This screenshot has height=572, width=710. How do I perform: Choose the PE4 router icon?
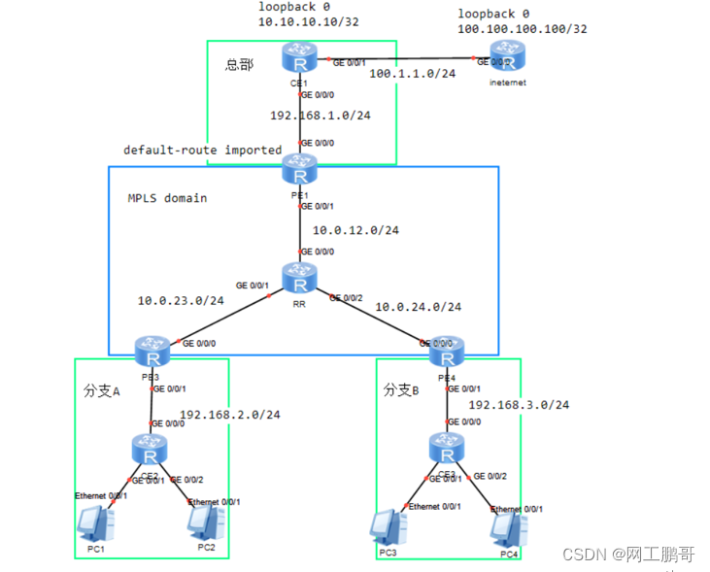(447, 347)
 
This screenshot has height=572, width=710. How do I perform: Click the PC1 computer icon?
(95, 524)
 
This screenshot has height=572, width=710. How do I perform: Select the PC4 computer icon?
(509, 528)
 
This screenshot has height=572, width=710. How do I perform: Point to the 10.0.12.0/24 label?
(355, 230)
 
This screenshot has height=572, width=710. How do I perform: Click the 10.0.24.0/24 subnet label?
(418, 307)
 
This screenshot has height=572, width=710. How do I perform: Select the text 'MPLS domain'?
(167, 198)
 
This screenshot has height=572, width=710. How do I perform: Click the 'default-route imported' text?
(202, 151)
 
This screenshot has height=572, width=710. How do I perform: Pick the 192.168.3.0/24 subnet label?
(519, 404)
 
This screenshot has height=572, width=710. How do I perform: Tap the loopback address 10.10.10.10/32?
(301, 21)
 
